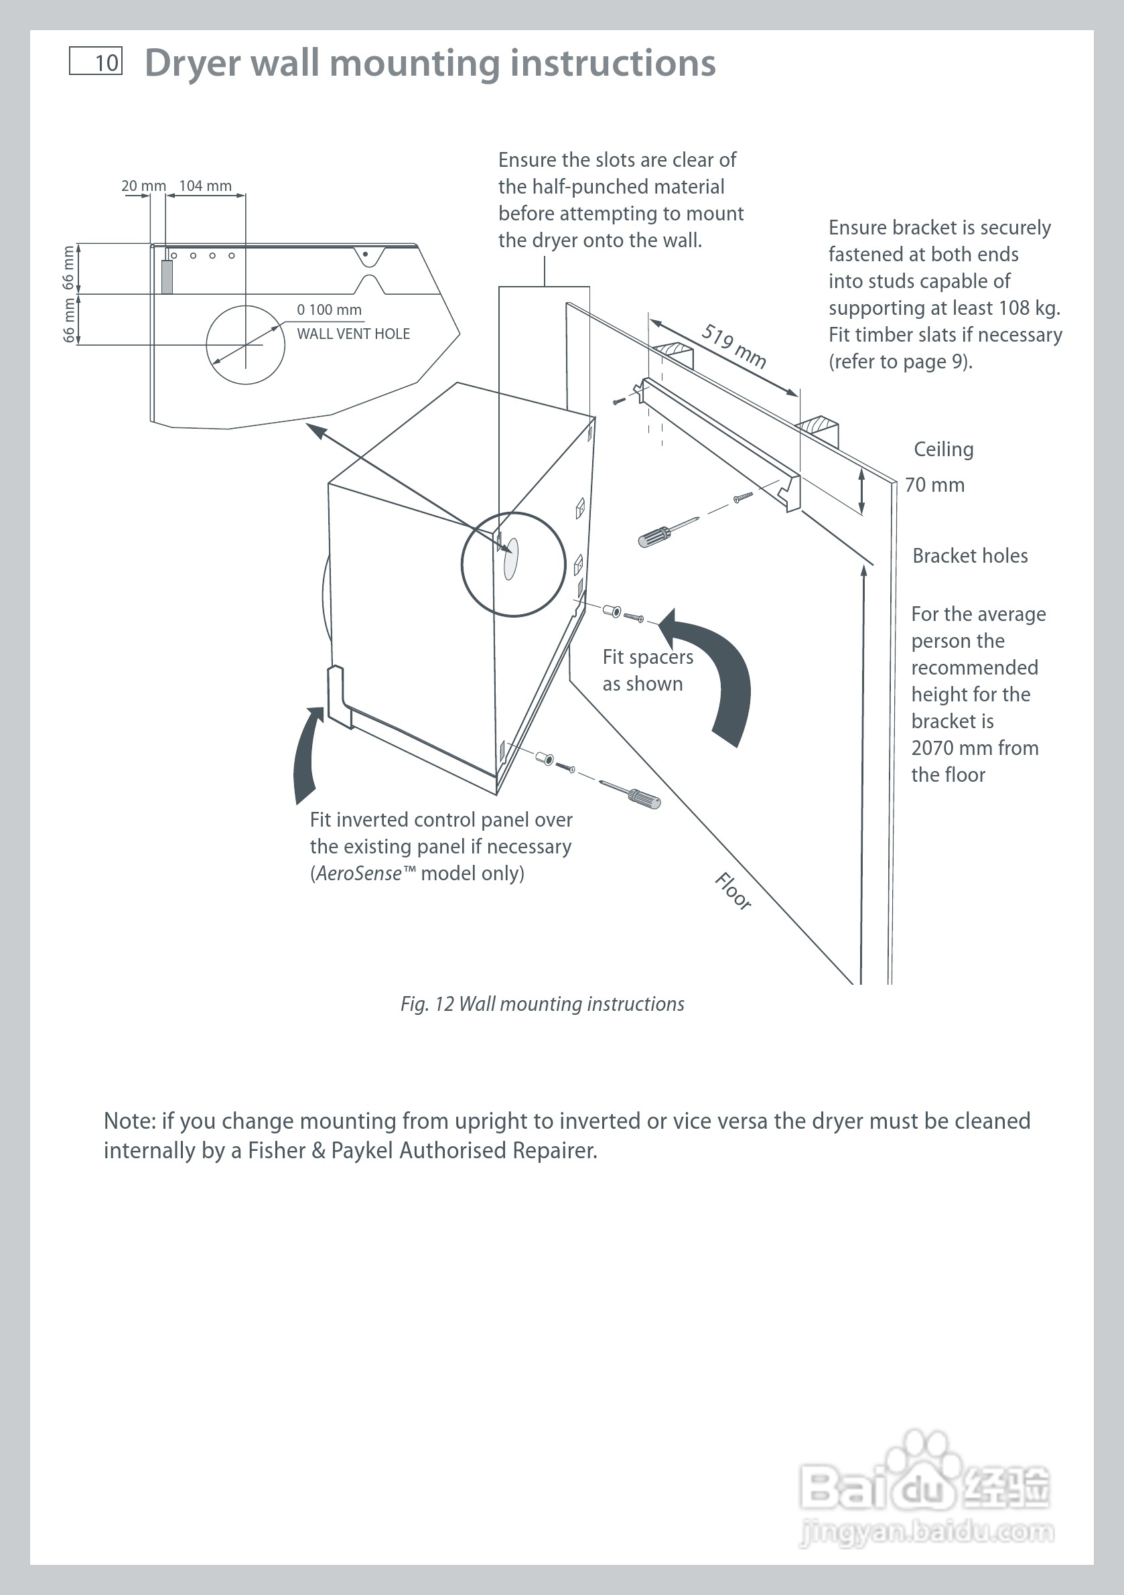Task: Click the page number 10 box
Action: tap(96, 61)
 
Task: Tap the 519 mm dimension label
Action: tap(734, 346)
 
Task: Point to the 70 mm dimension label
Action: tap(934, 485)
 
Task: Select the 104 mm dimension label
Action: tap(205, 186)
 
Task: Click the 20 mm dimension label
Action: tap(143, 186)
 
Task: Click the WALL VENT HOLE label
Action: tap(353, 334)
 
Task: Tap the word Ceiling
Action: tap(943, 449)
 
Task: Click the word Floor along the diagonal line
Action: tap(733, 890)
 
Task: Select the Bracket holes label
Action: tap(970, 556)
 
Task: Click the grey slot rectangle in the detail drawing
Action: tap(167, 277)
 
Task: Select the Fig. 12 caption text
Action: tap(542, 1003)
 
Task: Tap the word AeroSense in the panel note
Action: tap(358, 874)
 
